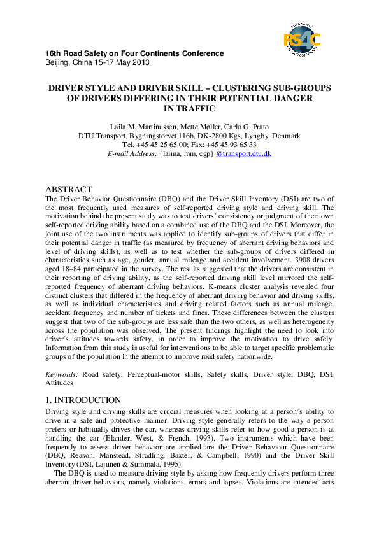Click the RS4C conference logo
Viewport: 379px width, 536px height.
point(302,39)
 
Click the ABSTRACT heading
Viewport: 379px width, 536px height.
point(69,190)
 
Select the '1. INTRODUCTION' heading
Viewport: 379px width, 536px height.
point(83,400)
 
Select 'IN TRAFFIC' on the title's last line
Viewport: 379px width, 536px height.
point(189,109)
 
